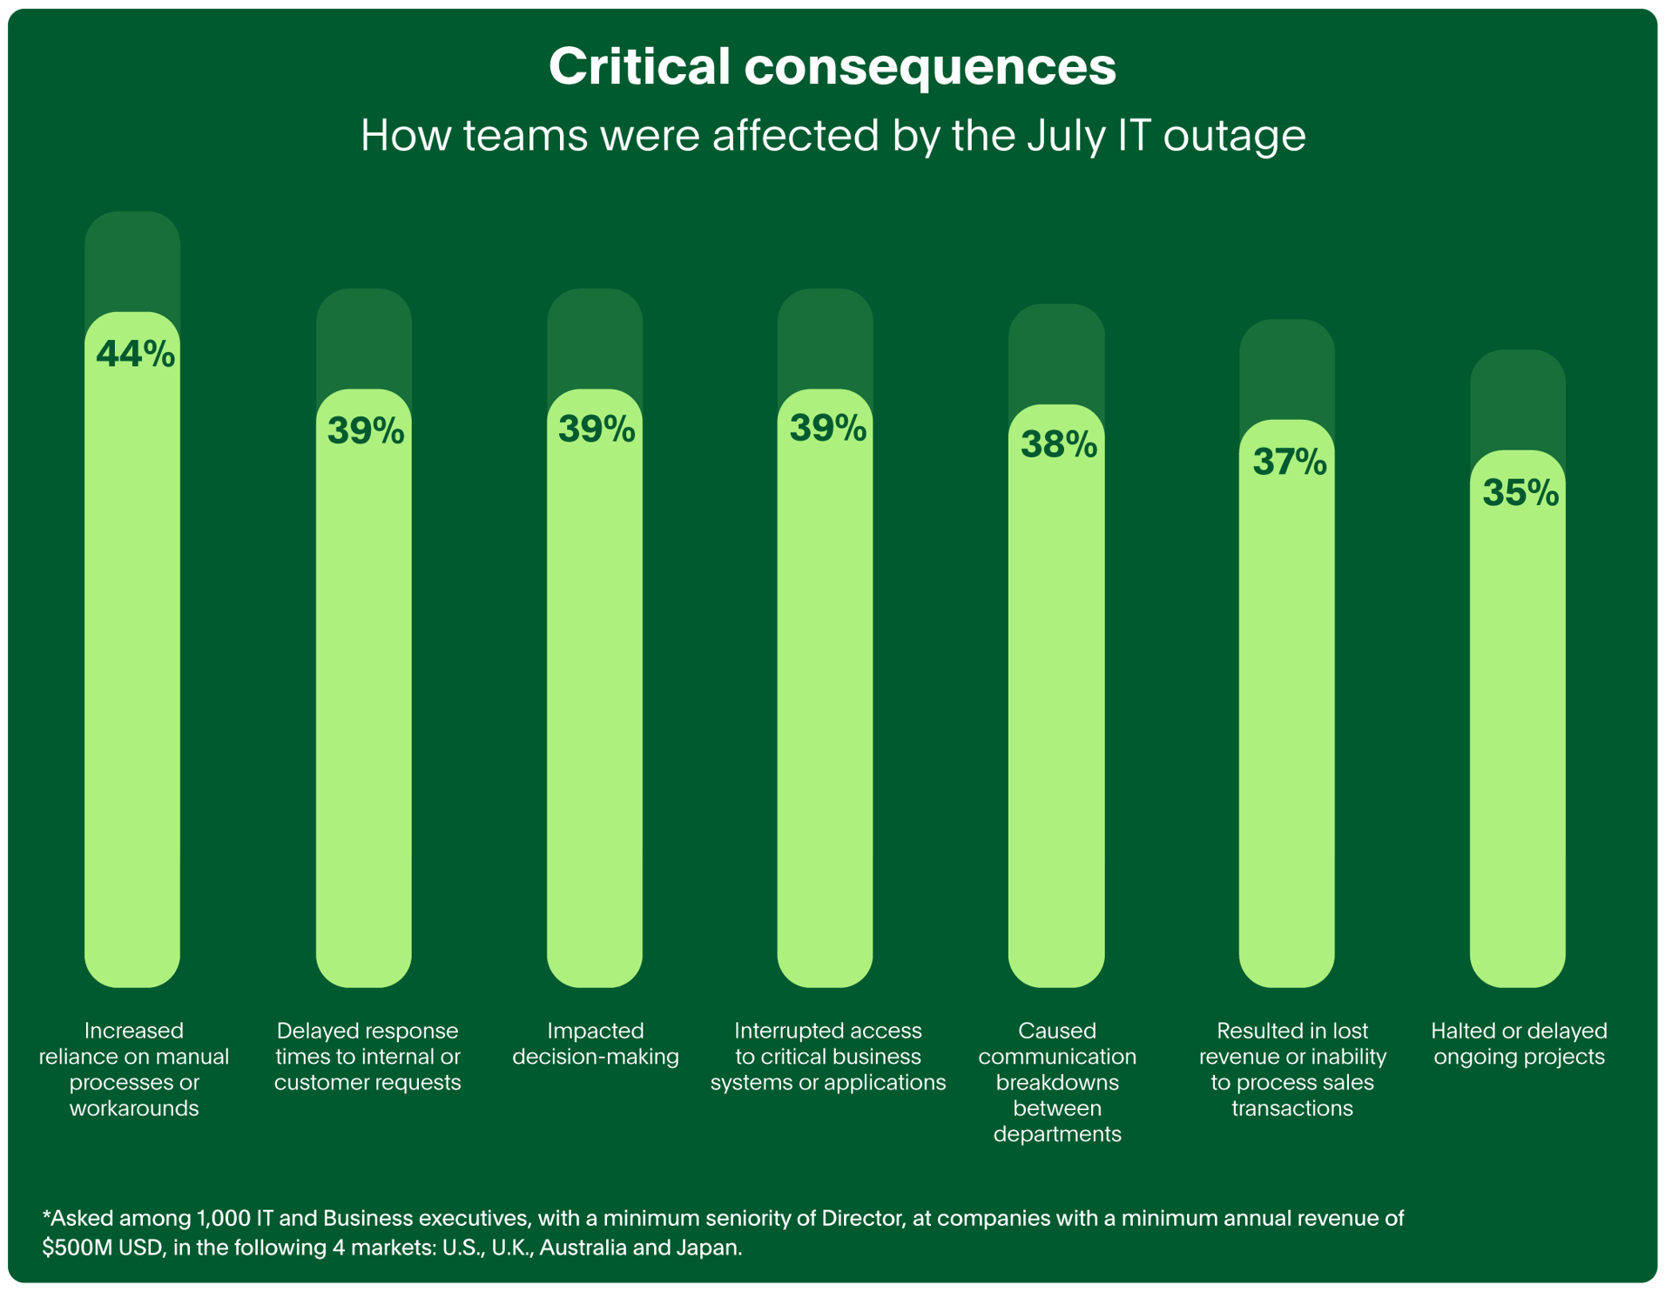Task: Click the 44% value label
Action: pyautogui.click(x=135, y=354)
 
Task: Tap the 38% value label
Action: pyautogui.click(x=1058, y=444)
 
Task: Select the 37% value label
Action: pyautogui.click(x=1289, y=462)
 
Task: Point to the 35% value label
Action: pyautogui.click(x=1520, y=493)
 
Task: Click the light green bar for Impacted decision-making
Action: pyautogui.click(x=595, y=697)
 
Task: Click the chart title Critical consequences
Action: pyautogui.click(x=832, y=66)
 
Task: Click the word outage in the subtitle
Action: pyautogui.click(x=1234, y=136)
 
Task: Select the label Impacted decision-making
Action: pyautogui.click(x=596, y=1044)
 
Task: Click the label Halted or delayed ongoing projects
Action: pyautogui.click(x=1519, y=1044)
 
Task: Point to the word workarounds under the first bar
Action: pyautogui.click(x=134, y=1108)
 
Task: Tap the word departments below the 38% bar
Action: pyautogui.click(x=1057, y=1134)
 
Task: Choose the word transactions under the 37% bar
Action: pyautogui.click(x=1292, y=1108)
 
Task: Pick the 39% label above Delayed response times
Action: pyautogui.click(x=366, y=430)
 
